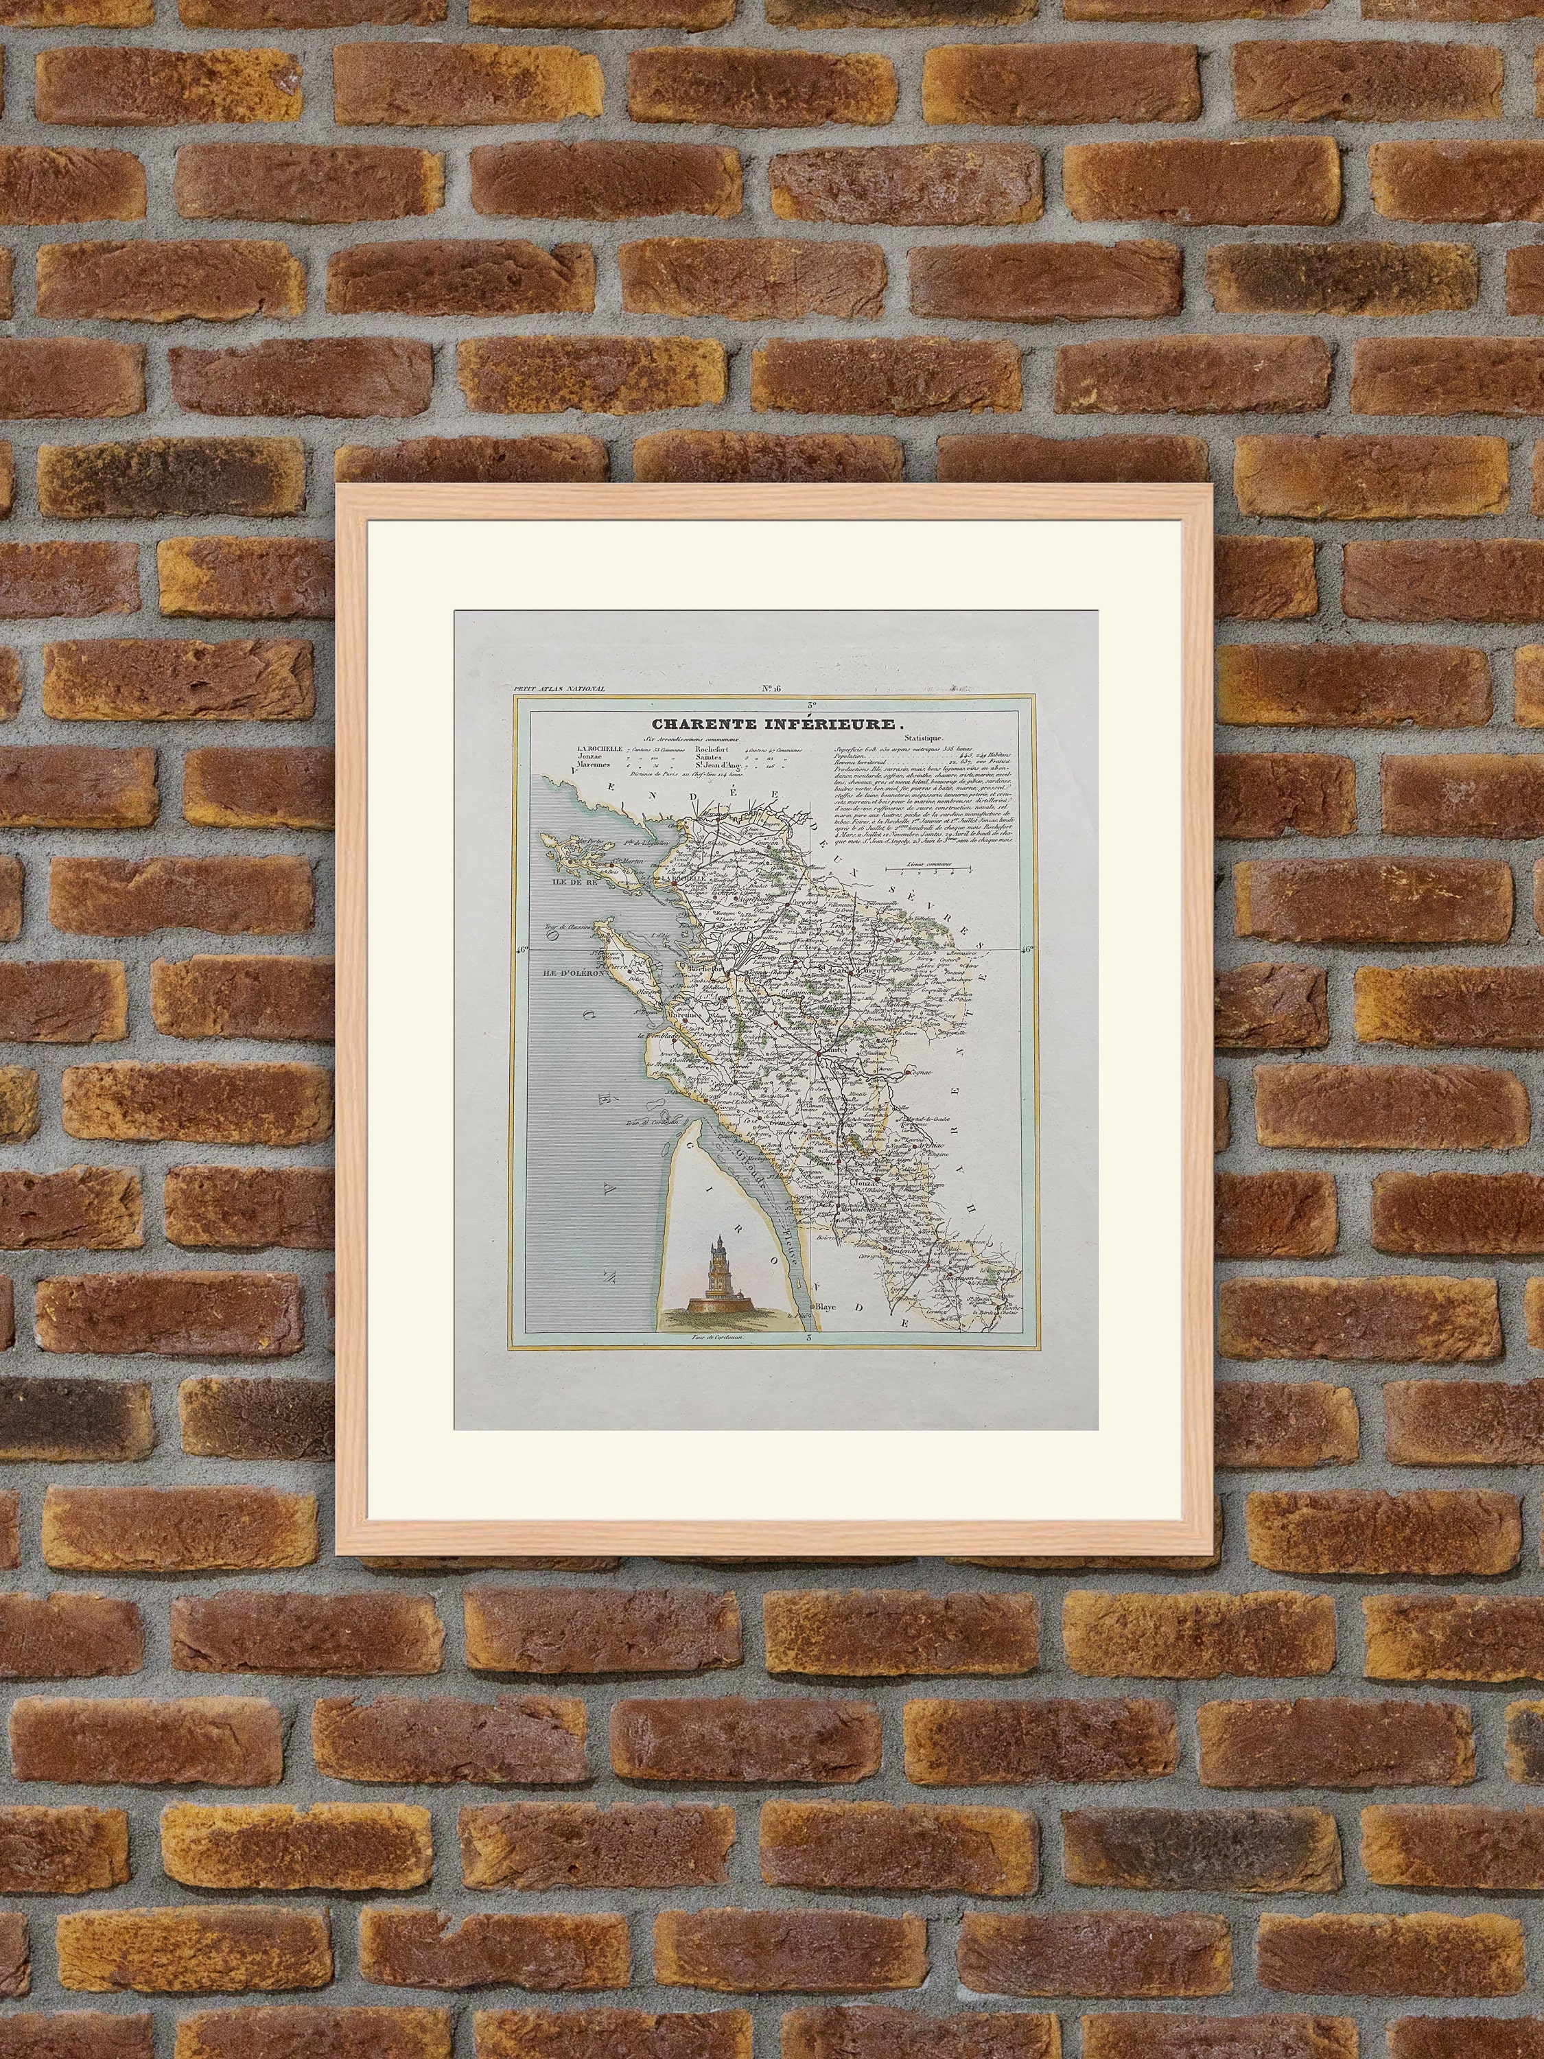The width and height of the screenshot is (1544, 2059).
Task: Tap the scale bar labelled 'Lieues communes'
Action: (x=927, y=868)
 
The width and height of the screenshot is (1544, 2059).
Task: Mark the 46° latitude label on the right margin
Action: (x=1027, y=949)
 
